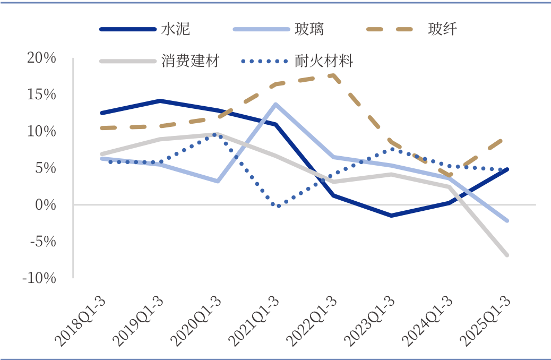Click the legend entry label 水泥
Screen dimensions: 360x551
pos(175,29)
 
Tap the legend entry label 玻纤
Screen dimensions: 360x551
pos(442,29)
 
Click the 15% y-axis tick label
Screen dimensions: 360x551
pos(41,95)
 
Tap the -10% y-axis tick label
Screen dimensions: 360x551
pos(39,278)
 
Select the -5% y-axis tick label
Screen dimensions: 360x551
pos(42,241)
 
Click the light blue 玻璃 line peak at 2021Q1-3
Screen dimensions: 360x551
pos(275,104)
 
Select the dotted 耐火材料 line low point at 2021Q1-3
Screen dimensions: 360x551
pos(278,205)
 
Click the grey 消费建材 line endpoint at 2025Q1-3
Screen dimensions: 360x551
pos(507,255)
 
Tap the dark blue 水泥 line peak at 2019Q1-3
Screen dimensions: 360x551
pos(160,101)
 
